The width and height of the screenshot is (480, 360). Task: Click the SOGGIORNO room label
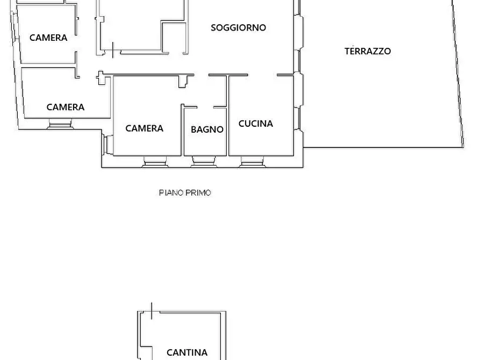(x=238, y=27)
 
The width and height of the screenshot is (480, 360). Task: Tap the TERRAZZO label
(x=368, y=51)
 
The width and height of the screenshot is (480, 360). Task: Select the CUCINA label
(x=255, y=123)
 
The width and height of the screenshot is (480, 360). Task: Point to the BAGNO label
(x=207, y=129)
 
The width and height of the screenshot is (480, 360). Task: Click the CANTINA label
(x=187, y=352)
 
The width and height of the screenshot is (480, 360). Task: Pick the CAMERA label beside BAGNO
(x=144, y=128)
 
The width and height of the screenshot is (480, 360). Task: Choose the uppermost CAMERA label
(x=48, y=38)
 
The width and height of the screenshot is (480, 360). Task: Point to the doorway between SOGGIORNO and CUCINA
(x=262, y=75)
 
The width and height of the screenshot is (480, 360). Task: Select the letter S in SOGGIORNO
(x=214, y=27)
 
